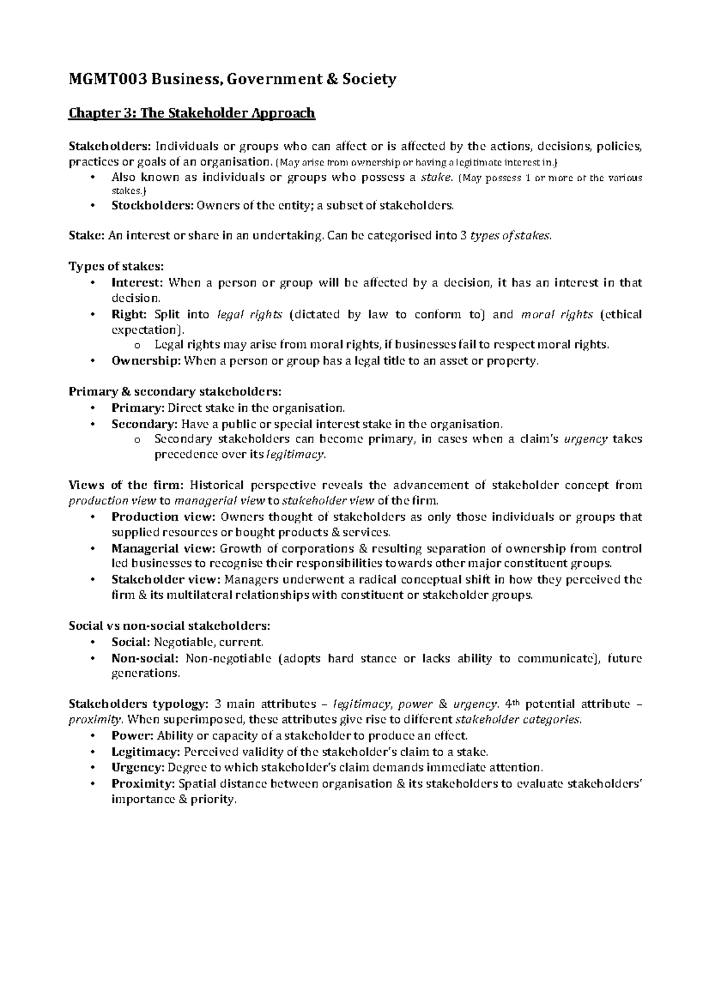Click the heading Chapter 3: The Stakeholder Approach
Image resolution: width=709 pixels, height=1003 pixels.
pos(192,112)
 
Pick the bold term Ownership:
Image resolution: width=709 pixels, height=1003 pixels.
pos(146,361)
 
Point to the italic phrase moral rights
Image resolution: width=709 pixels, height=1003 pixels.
pos(557,314)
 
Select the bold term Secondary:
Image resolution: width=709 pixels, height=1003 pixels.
pos(144,424)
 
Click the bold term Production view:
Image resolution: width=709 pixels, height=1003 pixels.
pos(164,517)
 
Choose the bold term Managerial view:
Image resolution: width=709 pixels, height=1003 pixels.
pos(164,548)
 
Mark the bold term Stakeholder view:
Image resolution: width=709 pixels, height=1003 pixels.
pos(166,579)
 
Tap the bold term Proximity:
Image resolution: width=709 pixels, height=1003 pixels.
pos(144,784)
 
